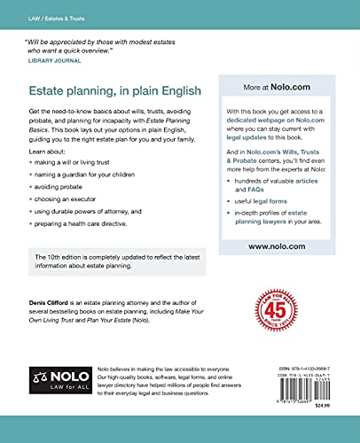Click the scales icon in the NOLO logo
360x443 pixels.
40,376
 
